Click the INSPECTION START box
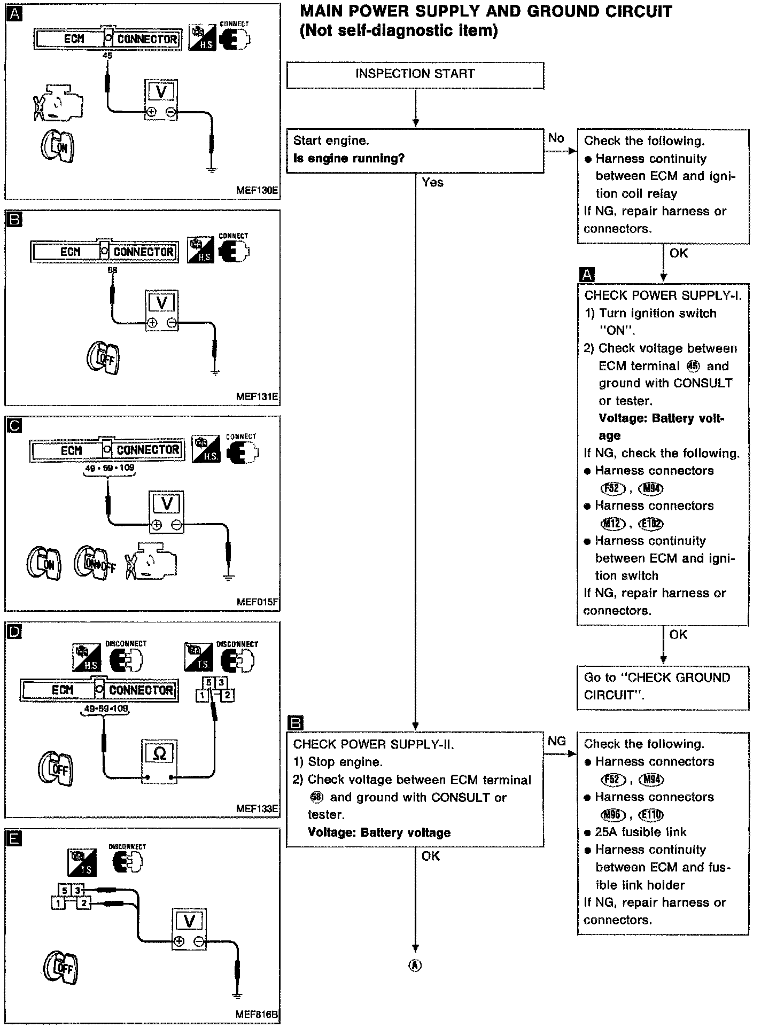coord(415,75)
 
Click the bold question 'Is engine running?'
coord(349,159)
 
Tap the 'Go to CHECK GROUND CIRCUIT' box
coord(663,687)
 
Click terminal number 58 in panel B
coord(112,270)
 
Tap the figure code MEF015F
coord(258,603)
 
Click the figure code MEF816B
coord(257,1014)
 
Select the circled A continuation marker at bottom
coord(415,965)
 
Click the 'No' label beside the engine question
coord(556,138)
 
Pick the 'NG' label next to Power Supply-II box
coord(556,741)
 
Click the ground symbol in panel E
coord(237,995)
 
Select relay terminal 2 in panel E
coord(84,904)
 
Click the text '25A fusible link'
coord(641,832)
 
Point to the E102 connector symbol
coord(652,524)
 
